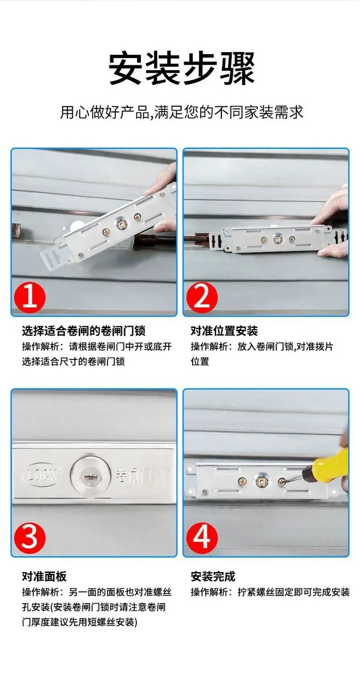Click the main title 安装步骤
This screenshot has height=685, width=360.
pyautogui.click(x=182, y=69)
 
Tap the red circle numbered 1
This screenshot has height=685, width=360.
pyautogui.click(x=30, y=297)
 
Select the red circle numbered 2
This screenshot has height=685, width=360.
pyautogui.click(x=202, y=297)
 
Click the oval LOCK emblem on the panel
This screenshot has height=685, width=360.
pyautogui.click(x=42, y=475)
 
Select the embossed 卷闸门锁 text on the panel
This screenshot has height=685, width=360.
pyautogui.click(x=139, y=475)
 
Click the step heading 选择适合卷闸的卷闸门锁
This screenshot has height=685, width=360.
pyautogui.click(x=84, y=331)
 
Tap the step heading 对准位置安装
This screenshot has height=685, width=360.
pyautogui.click(x=224, y=331)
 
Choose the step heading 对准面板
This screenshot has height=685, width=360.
pyautogui.click(x=44, y=577)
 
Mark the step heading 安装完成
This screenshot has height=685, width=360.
pyautogui.click(x=213, y=577)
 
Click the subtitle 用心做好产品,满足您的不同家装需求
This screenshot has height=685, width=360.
pyautogui.click(x=182, y=112)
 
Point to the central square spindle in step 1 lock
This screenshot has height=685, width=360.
pyautogui.click(x=120, y=225)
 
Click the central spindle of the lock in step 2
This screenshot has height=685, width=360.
pyautogui.click(x=278, y=240)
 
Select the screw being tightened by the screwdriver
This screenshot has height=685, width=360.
pyautogui.click(x=282, y=482)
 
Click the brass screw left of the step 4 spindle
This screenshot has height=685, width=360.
pyautogui.click(x=242, y=482)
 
